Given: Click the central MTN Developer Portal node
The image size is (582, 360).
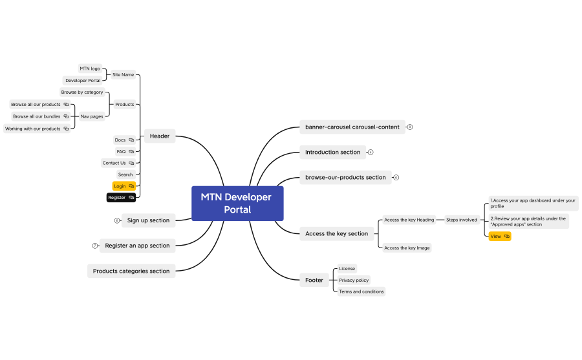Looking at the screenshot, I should (237, 203).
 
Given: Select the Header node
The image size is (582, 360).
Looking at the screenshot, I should (159, 136).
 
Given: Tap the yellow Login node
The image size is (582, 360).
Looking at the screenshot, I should (124, 186).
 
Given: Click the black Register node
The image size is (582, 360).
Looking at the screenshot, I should (121, 197).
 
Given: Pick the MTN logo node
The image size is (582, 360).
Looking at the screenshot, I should (90, 68).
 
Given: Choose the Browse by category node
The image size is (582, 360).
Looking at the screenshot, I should (82, 92).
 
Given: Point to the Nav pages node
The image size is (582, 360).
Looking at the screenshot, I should (92, 116).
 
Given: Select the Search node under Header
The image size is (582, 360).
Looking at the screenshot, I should (125, 175).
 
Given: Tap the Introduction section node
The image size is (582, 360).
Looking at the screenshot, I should (332, 153).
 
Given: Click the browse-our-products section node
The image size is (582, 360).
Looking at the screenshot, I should (345, 177).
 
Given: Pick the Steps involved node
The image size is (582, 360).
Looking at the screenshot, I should (462, 220).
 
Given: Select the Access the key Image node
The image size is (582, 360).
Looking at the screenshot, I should (407, 248).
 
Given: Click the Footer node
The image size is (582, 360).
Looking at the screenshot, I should (314, 280).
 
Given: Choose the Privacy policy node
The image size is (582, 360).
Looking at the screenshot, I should (354, 280).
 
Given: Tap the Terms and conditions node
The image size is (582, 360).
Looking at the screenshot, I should (361, 291).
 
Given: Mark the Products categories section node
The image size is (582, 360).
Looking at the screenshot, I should (131, 271).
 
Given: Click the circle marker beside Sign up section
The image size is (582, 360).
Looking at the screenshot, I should (117, 220).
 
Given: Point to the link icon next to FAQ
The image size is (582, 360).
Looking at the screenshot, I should (131, 151).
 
